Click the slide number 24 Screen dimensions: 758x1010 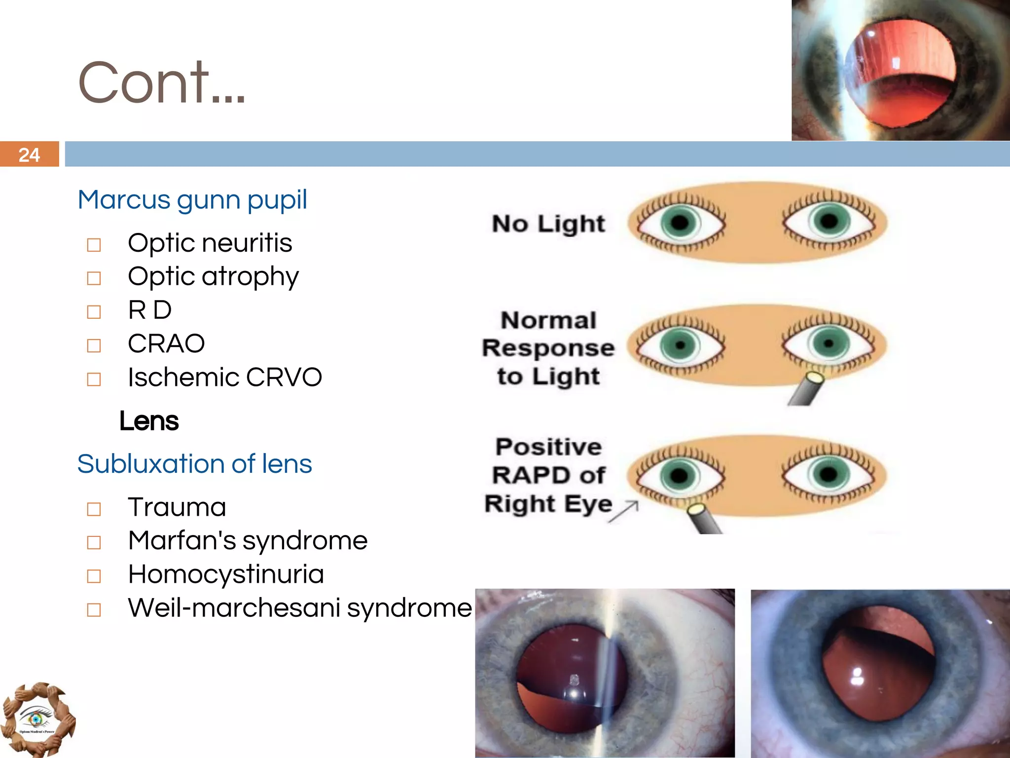(29, 155)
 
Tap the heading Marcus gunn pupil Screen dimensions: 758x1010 (192, 200)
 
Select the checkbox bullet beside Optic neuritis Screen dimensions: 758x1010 (94, 245)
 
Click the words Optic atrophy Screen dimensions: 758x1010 (213, 276)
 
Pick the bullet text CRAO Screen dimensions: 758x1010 (166, 343)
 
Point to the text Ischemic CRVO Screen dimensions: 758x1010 (225, 378)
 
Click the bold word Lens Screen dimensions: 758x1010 (149, 421)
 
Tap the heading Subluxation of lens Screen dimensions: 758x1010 (195, 464)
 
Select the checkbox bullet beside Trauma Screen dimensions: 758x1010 (94, 509)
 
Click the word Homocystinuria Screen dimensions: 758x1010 (226, 574)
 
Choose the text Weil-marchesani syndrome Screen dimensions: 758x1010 (300, 608)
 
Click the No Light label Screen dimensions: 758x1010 (548, 224)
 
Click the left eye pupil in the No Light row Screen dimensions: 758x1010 (680, 223)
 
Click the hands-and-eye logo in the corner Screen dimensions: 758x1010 (37, 719)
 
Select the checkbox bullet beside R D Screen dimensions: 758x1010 (94, 312)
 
